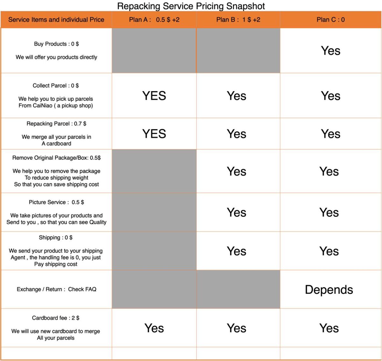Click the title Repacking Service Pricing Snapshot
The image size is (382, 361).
tap(191, 6)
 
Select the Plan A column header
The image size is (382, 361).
tap(154, 20)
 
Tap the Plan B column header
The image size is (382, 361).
tap(238, 20)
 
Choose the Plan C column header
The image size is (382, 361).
tap(330, 20)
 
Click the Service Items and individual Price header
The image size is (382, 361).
tap(56, 20)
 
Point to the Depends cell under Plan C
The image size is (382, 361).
tap(329, 290)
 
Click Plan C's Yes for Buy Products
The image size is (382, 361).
tap(330, 51)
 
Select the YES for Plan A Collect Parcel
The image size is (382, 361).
tap(154, 96)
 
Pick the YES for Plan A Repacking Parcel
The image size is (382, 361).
tap(154, 134)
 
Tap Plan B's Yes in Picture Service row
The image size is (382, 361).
tap(237, 212)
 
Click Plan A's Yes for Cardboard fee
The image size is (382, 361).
tap(154, 328)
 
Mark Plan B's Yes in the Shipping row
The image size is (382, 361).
tap(237, 251)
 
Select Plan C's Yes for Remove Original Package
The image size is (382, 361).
tap(329, 172)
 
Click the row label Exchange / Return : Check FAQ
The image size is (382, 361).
tap(56, 289)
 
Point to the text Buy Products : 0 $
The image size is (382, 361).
tap(56, 44)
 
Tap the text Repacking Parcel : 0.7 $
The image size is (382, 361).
tap(56, 124)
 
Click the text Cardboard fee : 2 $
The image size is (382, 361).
tap(56, 318)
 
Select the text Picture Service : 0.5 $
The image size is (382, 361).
tap(56, 202)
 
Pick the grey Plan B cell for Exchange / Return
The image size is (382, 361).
tap(238, 289)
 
